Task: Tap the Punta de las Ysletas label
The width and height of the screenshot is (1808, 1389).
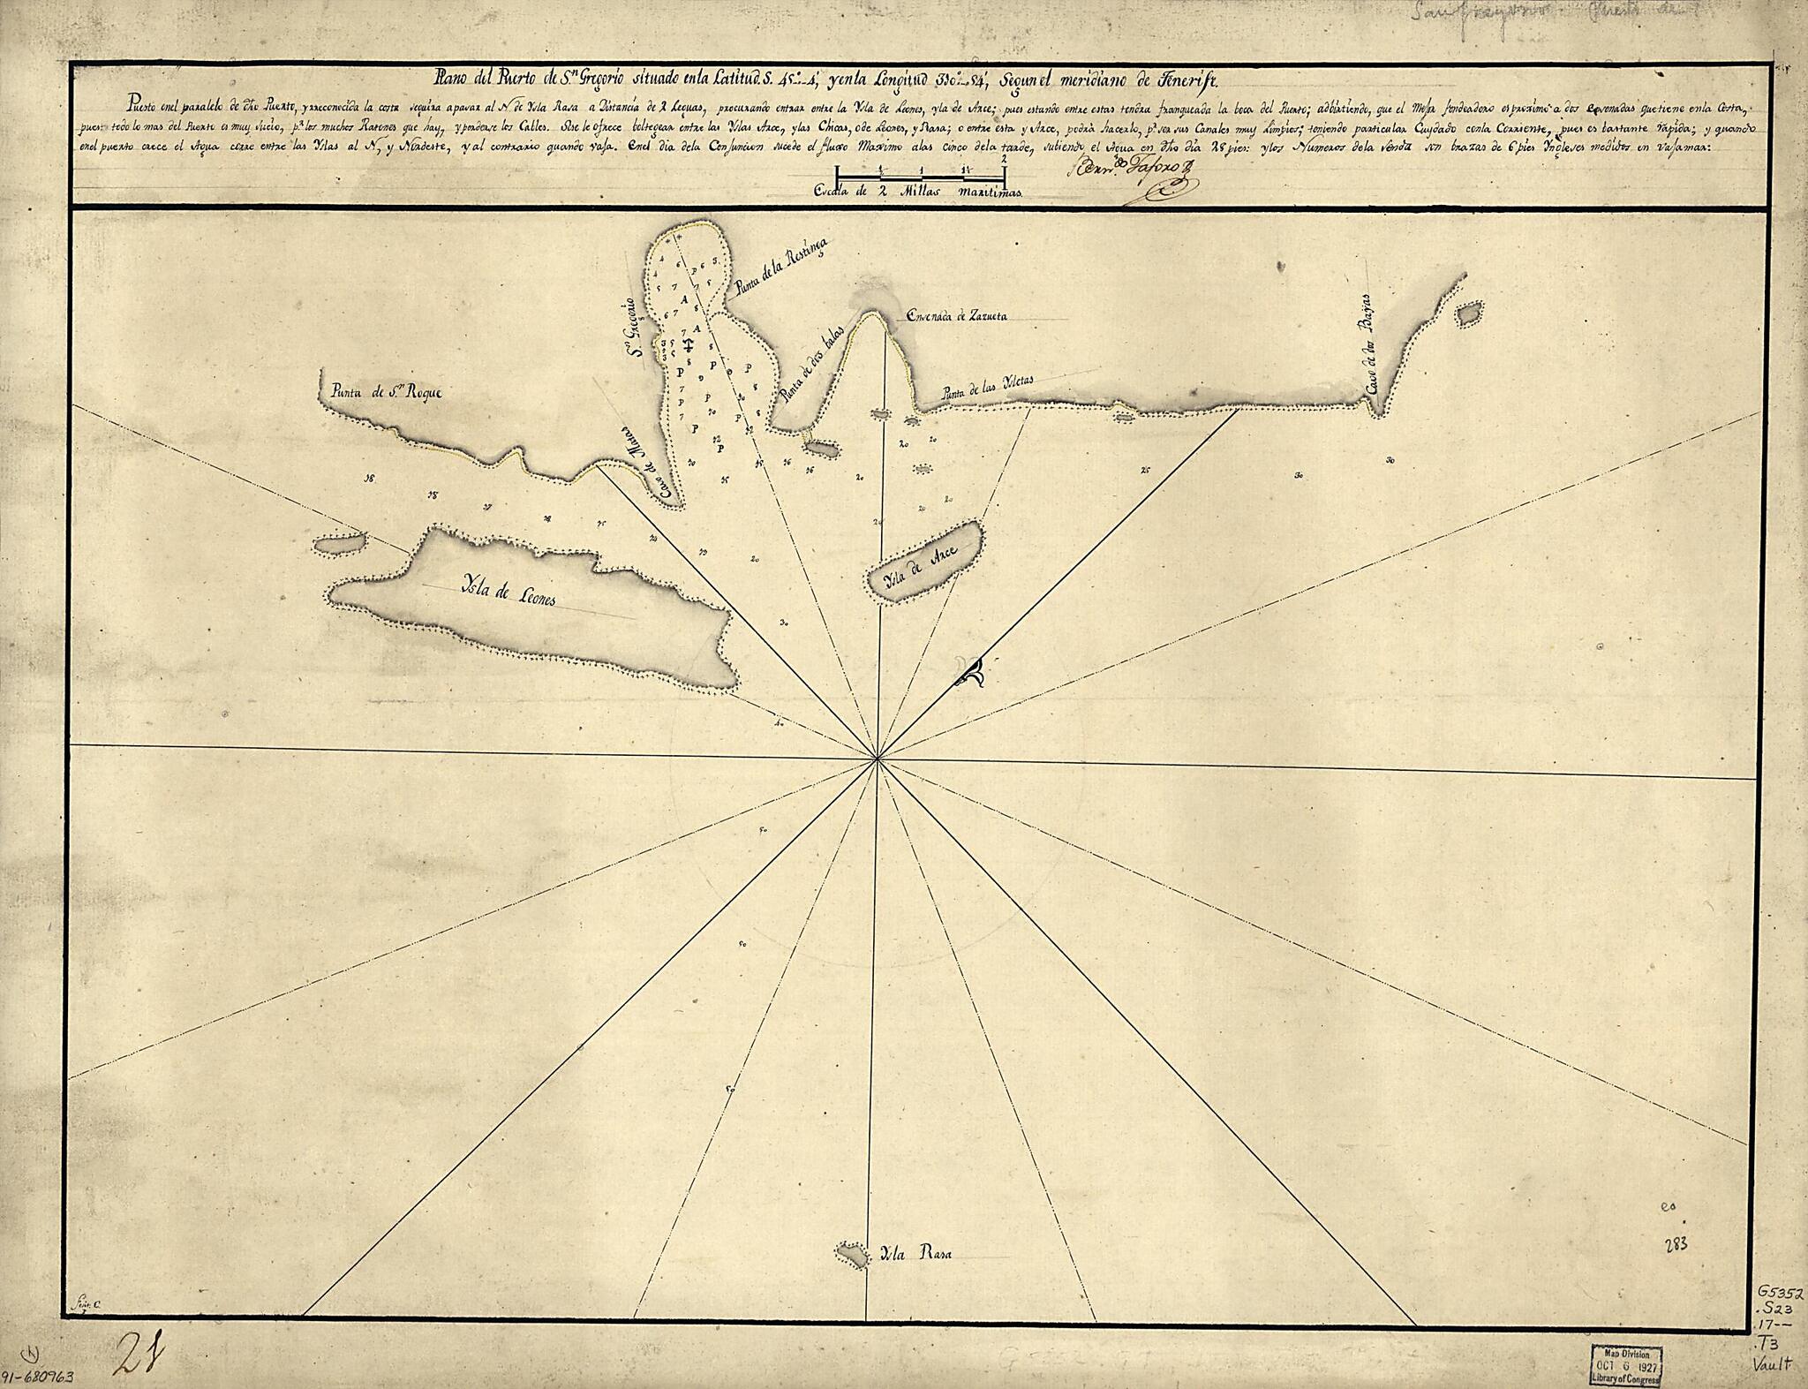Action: (x=988, y=387)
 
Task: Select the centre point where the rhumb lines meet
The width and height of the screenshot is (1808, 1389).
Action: (x=876, y=757)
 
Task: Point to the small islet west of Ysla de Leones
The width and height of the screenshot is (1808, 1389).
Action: (x=340, y=545)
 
